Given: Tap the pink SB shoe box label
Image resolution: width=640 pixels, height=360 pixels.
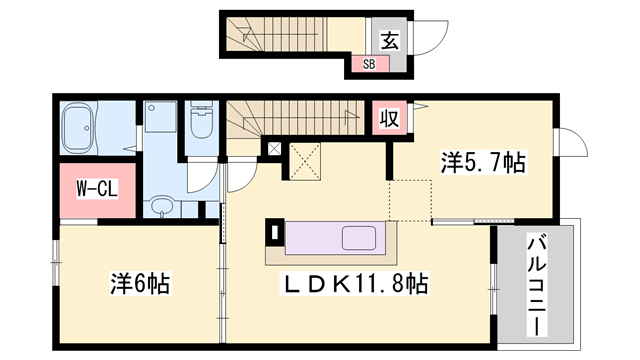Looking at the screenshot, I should pos(367,65).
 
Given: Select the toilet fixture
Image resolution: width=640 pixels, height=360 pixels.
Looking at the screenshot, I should pos(203,122).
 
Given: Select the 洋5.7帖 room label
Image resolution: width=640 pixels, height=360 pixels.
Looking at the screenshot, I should pos(483,160).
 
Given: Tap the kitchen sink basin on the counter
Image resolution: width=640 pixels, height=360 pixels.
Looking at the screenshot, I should pos(357,239).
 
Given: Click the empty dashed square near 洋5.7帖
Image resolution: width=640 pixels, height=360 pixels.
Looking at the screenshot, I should pos(410,199).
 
